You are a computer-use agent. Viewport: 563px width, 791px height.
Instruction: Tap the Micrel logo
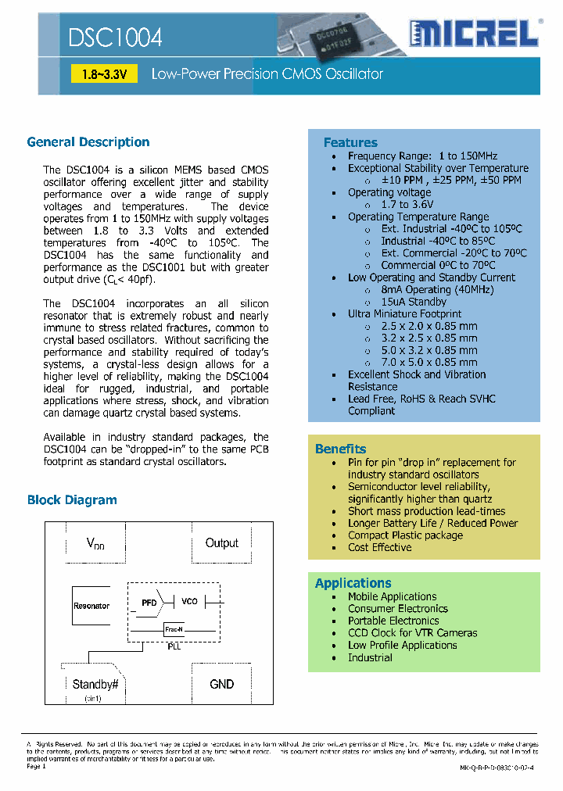(474, 34)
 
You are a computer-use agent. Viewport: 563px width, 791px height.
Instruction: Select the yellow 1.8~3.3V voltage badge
(104, 74)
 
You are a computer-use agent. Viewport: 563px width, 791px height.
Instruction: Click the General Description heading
(88, 142)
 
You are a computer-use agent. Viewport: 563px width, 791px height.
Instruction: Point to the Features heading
(350, 142)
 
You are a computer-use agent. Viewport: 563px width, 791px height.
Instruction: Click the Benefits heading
(340, 449)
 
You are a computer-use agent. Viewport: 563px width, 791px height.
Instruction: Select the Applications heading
(353, 583)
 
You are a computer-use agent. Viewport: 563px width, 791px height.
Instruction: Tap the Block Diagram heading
(72, 500)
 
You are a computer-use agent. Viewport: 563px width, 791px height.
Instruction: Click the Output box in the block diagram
(221, 543)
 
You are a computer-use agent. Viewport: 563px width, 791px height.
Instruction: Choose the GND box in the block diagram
(221, 684)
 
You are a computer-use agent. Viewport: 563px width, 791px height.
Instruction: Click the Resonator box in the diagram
(91, 606)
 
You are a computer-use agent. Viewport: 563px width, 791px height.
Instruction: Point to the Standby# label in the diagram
(95, 684)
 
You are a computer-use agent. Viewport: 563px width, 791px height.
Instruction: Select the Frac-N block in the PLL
(174, 629)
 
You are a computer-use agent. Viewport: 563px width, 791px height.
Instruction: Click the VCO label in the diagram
(189, 602)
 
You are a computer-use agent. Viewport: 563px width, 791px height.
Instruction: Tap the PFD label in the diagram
(149, 603)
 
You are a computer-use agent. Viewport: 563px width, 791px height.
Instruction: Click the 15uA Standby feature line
(414, 302)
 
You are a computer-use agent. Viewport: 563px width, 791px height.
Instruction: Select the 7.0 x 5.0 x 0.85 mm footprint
(429, 363)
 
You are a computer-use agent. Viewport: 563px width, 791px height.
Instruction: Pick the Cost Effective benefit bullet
(379, 548)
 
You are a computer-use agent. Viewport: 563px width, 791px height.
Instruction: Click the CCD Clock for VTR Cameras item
(412, 633)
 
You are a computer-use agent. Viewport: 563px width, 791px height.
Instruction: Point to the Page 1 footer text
(37, 767)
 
